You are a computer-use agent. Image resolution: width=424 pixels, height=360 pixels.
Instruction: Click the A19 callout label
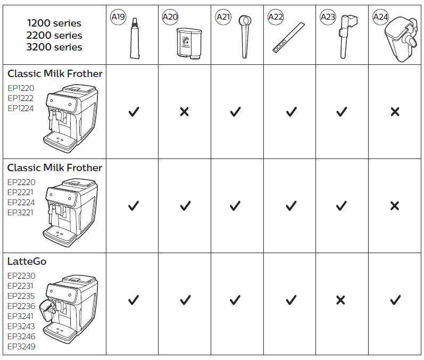pyautogui.click(x=118, y=18)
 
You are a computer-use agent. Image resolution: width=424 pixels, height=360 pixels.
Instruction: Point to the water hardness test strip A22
pyautogui.click(x=287, y=38)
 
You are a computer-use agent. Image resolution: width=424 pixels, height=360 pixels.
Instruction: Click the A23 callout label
pyautogui.click(x=328, y=18)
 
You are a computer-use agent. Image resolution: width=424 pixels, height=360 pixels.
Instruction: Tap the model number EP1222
pyautogui.click(x=20, y=98)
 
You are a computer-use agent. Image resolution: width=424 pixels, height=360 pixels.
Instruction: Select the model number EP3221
pyautogui.click(x=21, y=212)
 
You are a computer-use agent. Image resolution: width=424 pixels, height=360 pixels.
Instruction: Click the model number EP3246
pyautogui.click(x=21, y=337)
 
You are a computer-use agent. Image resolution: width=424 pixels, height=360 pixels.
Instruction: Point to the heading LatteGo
pyautogui.click(x=27, y=262)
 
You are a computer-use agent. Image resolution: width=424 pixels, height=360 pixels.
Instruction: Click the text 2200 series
pyautogui.click(x=54, y=35)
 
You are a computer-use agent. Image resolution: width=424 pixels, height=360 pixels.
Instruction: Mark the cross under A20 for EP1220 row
pyautogui.click(x=184, y=112)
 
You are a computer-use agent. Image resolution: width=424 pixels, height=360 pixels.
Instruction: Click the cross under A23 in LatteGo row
pyautogui.click(x=340, y=300)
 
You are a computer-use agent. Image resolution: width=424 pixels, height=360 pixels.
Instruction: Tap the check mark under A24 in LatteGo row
pyautogui.click(x=395, y=300)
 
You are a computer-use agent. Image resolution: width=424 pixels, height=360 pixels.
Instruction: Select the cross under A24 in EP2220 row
pyautogui.click(x=394, y=206)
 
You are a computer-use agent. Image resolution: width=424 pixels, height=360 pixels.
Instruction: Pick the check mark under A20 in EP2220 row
pyautogui.click(x=185, y=206)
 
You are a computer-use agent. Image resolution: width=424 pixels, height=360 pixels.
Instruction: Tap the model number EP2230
pyautogui.click(x=21, y=276)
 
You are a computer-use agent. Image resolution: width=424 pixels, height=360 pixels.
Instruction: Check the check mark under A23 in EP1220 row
pyautogui.click(x=342, y=112)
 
